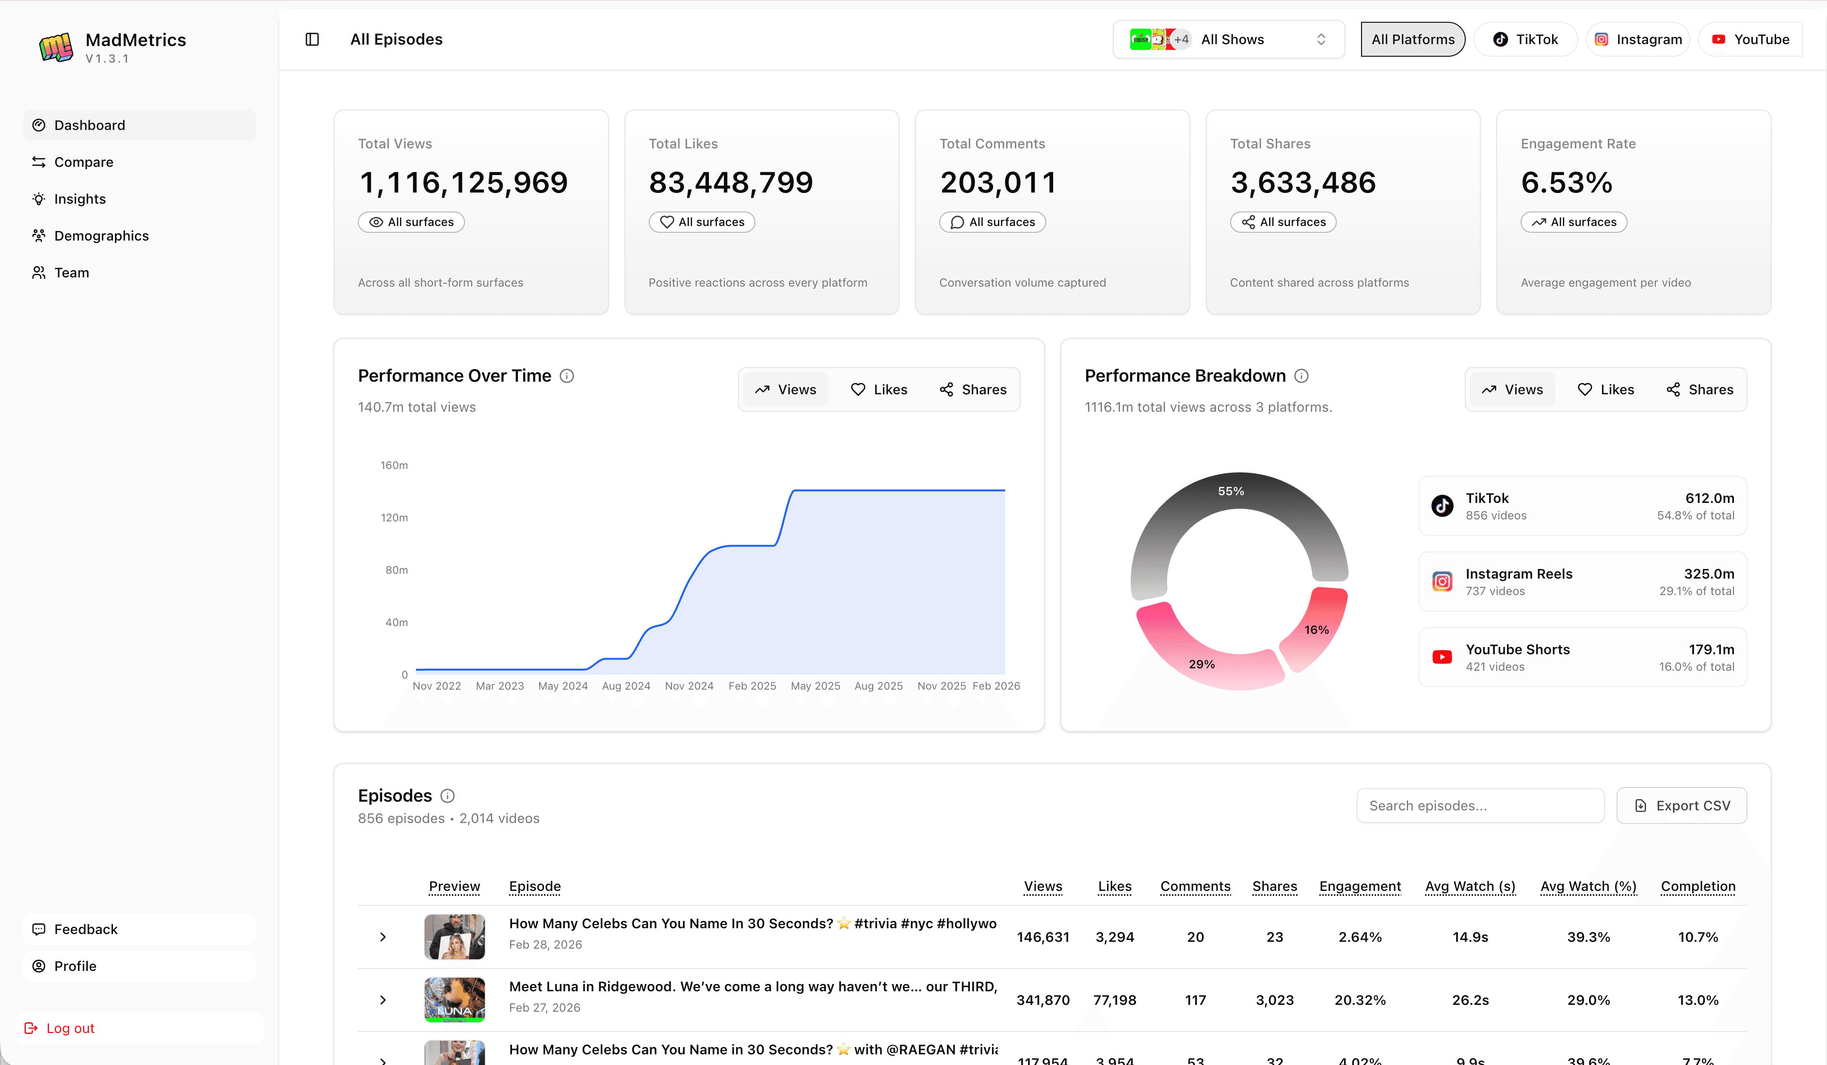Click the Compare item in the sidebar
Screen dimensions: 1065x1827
83,161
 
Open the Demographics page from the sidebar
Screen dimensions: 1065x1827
101,236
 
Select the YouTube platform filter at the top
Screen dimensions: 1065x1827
1751,39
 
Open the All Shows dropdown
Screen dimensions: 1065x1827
1229,39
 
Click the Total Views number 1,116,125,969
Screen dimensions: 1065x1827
463,182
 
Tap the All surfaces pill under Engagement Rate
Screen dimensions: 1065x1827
1573,222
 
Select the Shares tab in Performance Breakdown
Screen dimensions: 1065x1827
1699,389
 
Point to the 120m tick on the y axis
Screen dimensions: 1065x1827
394,517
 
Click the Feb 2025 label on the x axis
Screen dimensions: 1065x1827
752,686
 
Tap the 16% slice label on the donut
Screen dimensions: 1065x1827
1316,630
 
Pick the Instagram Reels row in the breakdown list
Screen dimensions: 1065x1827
1582,581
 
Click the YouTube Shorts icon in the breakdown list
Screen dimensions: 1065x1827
1442,657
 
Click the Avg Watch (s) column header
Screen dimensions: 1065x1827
1470,886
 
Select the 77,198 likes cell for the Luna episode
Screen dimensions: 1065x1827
1114,1000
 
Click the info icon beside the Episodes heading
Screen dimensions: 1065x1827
448,795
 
